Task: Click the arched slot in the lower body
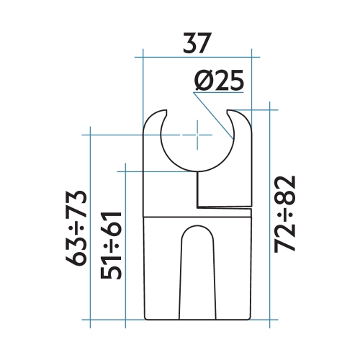click(x=197, y=274)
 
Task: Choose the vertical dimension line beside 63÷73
click(x=90, y=227)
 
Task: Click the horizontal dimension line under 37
click(x=197, y=57)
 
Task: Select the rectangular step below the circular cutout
click(x=223, y=188)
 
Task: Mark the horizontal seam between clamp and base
click(x=197, y=214)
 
